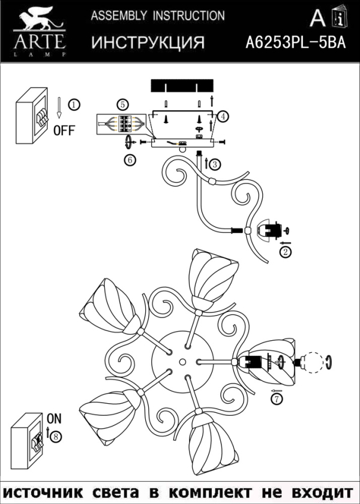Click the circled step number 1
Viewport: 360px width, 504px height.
pyautogui.click(x=73, y=105)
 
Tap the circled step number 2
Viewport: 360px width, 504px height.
pyautogui.click(x=286, y=252)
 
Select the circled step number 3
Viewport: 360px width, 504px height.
pyautogui.click(x=215, y=164)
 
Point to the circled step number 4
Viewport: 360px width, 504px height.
pyautogui.click(x=223, y=116)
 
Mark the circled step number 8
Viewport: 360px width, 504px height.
pyautogui.click(x=56, y=437)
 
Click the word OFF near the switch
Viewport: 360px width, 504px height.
pyautogui.click(x=64, y=130)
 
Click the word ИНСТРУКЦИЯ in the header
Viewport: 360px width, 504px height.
pyautogui.click(x=148, y=43)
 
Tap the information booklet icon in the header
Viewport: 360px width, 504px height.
pyautogui.click(x=338, y=19)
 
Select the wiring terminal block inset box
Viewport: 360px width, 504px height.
pyautogui.click(x=122, y=124)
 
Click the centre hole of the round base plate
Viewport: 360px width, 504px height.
pyautogui.click(x=181, y=362)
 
